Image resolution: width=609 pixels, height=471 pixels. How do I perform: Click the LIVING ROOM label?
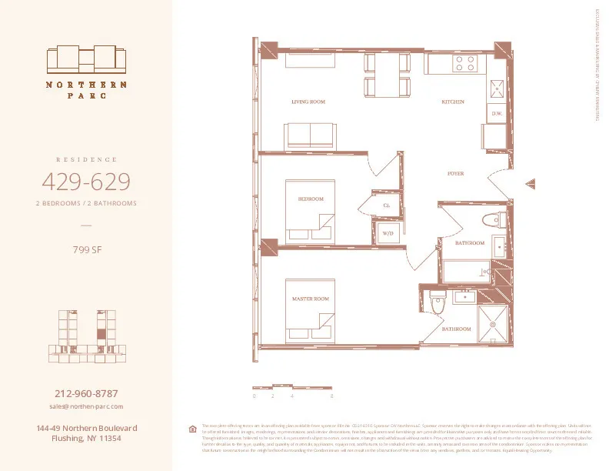pyautogui.click(x=308, y=102)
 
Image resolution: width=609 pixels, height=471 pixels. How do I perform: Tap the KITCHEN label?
pyautogui.click(x=452, y=102)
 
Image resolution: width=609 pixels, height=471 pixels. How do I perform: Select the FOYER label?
pyautogui.click(x=456, y=174)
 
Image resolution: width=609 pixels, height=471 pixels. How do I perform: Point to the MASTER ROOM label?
pyautogui.click(x=311, y=298)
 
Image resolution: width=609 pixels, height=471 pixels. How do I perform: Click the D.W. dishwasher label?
pyautogui.click(x=497, y=113)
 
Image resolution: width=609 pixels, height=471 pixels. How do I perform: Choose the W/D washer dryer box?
pyautogui.click(x=388, y=232)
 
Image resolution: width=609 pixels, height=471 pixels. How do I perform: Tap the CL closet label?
pyautogui.click(x=387, y=205)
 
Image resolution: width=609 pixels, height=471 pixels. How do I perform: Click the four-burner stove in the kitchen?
pyautogui.click(x=464, y=63)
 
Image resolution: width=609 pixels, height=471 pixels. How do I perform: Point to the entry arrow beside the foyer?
pyautogui.click(x=529, y=184)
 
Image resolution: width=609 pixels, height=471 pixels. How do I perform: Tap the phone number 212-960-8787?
pyautogui.click(x=85, y=393)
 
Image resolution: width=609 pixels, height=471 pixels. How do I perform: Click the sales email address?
pyautogui.click(x=85, y=406)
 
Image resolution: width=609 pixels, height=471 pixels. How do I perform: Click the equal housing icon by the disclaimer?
pyautogui.click(x=192, y=429)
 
